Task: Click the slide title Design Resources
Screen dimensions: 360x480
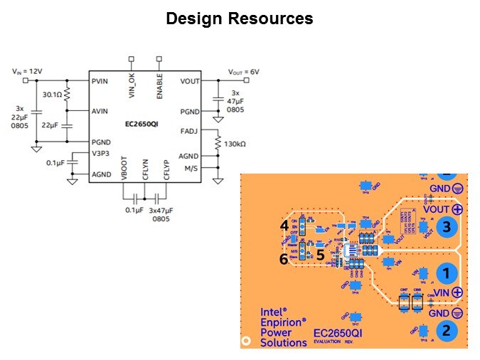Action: tap(240, 18)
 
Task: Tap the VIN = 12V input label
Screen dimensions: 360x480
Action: tap(27, 71)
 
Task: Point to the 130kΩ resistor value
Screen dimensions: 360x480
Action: tap(235, 144)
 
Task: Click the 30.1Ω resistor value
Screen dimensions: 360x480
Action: tap(52, 94)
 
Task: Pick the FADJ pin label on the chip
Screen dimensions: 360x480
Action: tap(189, 131)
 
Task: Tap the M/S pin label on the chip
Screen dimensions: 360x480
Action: tap(191, 168)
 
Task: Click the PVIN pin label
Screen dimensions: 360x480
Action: tap(100, 81)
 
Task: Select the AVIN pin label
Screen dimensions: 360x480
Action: tap(100, 112)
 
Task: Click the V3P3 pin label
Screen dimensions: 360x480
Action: tap(100, 152)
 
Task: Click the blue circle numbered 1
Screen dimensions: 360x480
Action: tap(446, 272)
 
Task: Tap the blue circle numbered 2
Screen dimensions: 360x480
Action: tap(446, 329)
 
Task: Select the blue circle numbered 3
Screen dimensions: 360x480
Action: tap(446, 228)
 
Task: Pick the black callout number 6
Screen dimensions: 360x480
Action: tap(284, 260)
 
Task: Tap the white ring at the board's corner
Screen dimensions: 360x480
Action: tap(247, 341)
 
